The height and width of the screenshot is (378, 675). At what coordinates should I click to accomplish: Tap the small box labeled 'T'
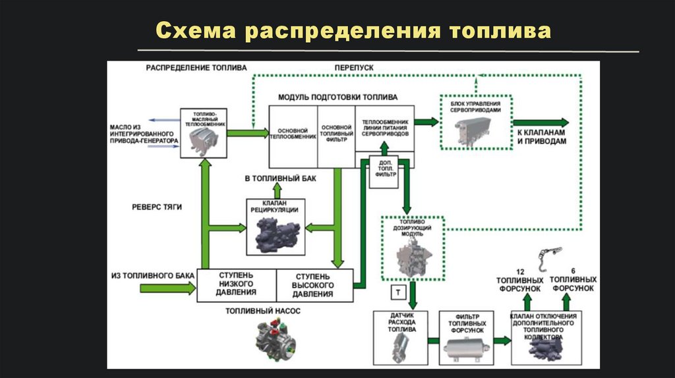398,290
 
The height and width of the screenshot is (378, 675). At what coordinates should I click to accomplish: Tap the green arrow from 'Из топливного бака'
167,287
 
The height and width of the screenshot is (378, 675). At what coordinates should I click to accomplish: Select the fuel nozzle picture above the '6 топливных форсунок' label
548,258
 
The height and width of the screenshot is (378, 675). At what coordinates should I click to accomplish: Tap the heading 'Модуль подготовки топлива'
337,97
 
